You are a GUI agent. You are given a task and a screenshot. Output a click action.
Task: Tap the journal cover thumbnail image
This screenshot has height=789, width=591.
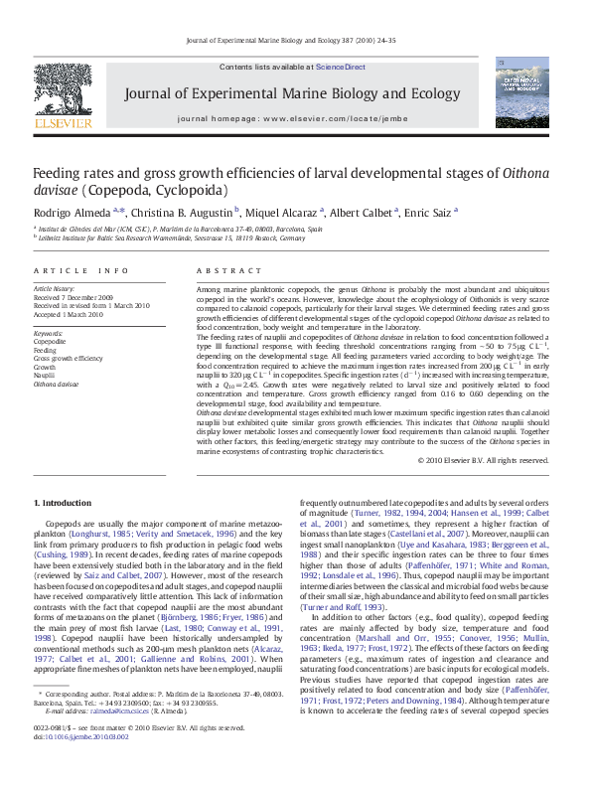[521, 91]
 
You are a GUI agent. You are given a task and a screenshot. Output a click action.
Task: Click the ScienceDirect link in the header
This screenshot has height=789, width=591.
[341, 68]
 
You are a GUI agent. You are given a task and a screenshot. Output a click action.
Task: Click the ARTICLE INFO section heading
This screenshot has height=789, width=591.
[80, 271]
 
